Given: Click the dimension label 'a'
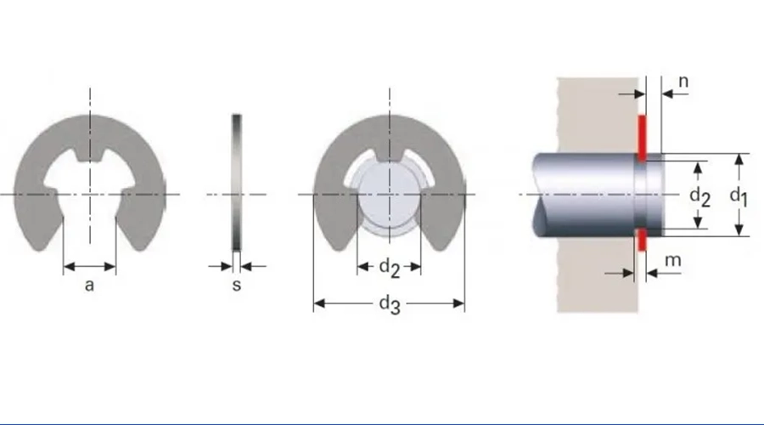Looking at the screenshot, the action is click(89, 285).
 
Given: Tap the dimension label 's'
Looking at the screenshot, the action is click(237, 285).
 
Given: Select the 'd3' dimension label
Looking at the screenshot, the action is click(390, 304).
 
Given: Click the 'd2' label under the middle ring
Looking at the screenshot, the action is click(390, 268).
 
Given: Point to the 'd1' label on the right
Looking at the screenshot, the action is click(739, 196).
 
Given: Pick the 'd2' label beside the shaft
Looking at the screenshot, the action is click(699, 196).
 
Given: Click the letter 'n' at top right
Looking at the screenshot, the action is click(683, 82).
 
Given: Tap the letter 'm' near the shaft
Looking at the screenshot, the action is click(673, 261).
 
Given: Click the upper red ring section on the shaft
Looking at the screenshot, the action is click(643, 138).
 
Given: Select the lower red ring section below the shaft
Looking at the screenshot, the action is click(643, 239).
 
